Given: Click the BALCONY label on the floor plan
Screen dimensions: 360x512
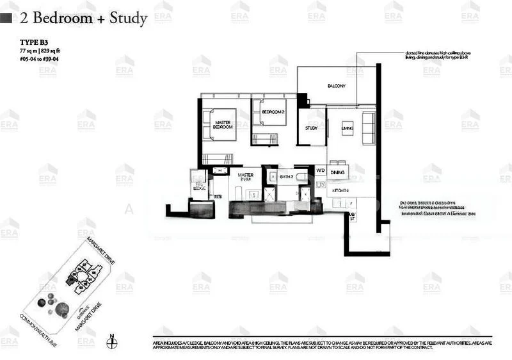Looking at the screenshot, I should tap(336, 85).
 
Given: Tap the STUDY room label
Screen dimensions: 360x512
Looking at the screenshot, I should tap(311, 128).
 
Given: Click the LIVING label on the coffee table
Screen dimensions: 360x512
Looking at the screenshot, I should tap(348, 128).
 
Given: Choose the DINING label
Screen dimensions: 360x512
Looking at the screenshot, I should tap(339, 172).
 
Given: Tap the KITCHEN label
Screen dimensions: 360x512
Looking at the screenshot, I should tap(339, 191).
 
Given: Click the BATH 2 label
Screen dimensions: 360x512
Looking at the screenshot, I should tap(286, 176).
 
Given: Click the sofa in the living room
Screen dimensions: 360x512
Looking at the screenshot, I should tap(369, 128).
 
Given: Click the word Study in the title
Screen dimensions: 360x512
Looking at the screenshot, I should tap(128, 18).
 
